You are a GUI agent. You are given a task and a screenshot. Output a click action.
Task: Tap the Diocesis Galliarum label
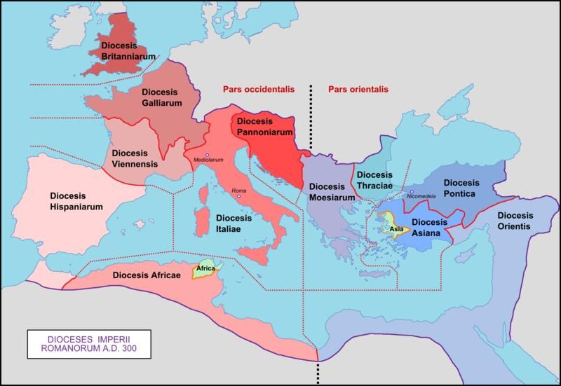[163, 97]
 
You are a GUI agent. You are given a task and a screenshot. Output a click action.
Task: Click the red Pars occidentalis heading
[257, 90]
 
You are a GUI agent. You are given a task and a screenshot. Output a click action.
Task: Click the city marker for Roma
[238, 197]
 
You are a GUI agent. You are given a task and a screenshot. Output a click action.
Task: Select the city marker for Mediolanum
[208, 153]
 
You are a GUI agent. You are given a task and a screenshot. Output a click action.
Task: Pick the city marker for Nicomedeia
[412, 191]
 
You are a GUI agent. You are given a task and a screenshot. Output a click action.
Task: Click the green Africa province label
[205, 268]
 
